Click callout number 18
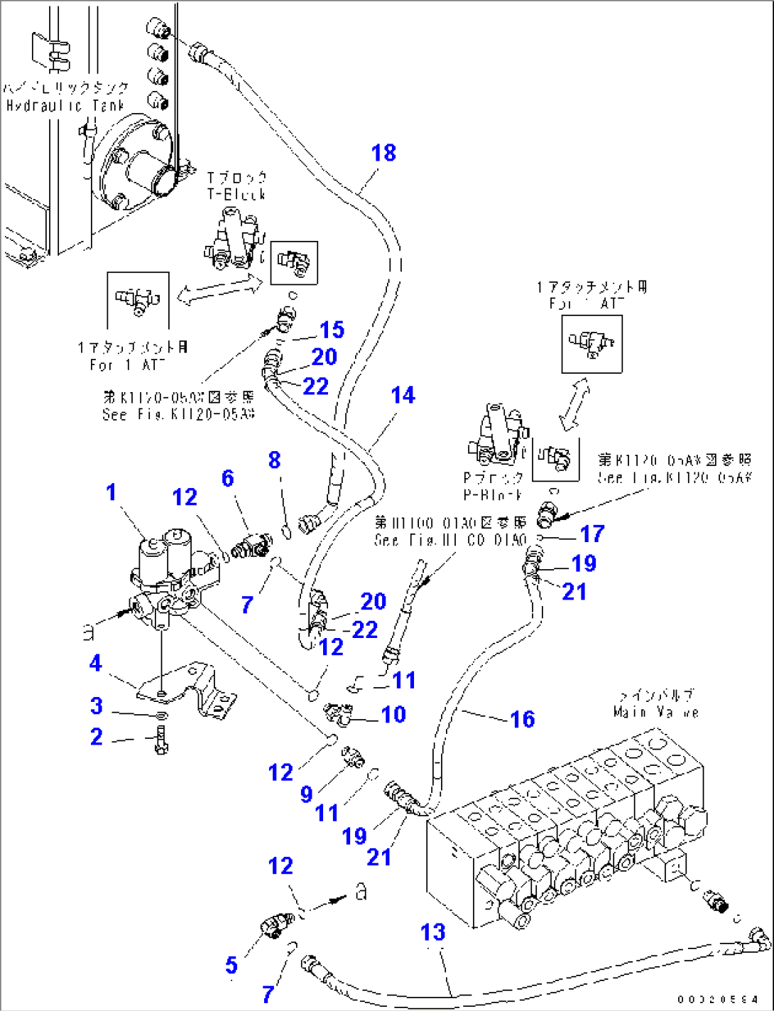coord(383,153)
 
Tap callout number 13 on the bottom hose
coord(432,932)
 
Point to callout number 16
coord(522,719)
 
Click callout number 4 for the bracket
coord(96,664)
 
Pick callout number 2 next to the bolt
coord(96,737)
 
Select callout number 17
coord(592,534)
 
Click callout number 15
coord(332,330)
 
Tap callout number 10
coord(393,714)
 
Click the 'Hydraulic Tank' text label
coord(65,106)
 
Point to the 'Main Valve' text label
coord(656,712)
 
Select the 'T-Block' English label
coord(236,194)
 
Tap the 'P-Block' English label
coord(493,494)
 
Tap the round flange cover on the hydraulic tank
coord(135,167)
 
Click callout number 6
coord(227,478)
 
